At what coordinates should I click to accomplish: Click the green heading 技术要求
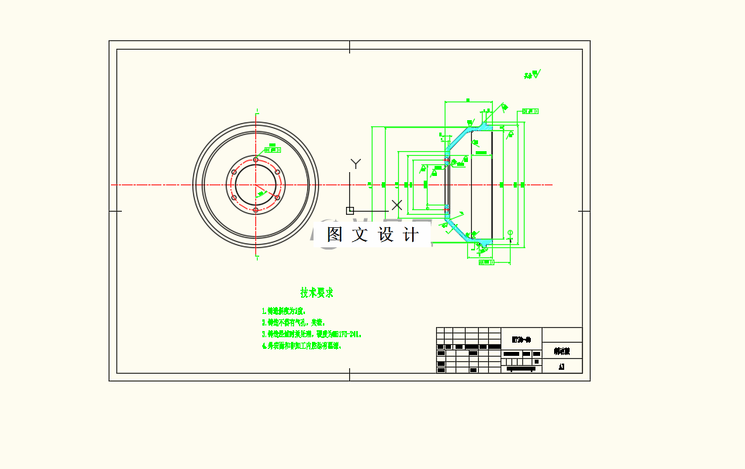pos(317,292)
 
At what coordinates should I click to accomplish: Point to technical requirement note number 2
pos(293,322)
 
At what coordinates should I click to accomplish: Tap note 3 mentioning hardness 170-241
pos(312,334)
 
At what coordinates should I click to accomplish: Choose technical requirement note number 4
pos(302,346)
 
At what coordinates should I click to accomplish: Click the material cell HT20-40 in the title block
pos(521,338)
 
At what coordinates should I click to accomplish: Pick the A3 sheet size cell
pos(561,367)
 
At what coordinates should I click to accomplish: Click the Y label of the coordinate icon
pos(355,164)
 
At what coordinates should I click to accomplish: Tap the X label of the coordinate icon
pos(397,205)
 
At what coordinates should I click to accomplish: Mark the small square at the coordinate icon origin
pos(350,210)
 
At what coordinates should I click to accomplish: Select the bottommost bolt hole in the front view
pos(255,209)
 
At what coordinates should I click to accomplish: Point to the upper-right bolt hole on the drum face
pos(277,172)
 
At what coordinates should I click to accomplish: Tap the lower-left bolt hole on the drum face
pos(234,197)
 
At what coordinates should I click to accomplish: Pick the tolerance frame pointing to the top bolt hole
pos(272,145)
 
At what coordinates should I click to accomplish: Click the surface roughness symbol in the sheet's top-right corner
pos(535,74)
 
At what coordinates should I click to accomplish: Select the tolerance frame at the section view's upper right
pos(530,111)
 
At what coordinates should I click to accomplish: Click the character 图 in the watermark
pos(334,234)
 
